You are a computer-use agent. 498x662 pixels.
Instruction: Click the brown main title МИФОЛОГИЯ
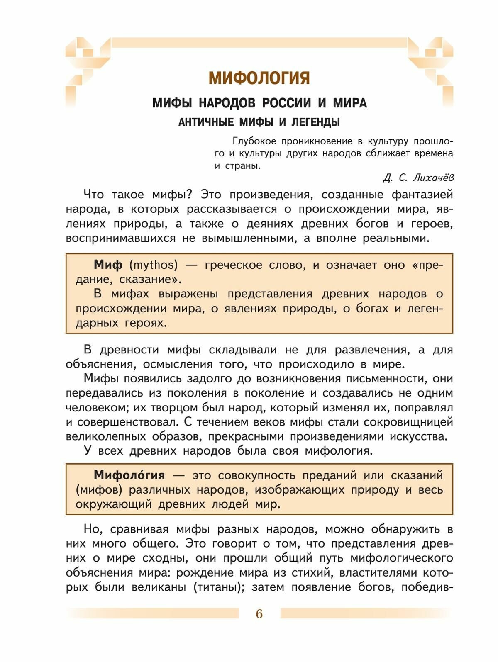coord(259,78)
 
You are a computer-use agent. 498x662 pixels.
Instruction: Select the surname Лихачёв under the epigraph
coord(434,178)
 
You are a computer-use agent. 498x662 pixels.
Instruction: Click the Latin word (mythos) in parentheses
coord(154,265)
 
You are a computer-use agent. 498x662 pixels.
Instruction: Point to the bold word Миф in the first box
coord(108,265)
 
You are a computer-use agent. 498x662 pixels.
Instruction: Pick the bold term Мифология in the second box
coord(129,475)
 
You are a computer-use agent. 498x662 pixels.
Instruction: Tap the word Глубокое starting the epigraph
coord(254,141)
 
